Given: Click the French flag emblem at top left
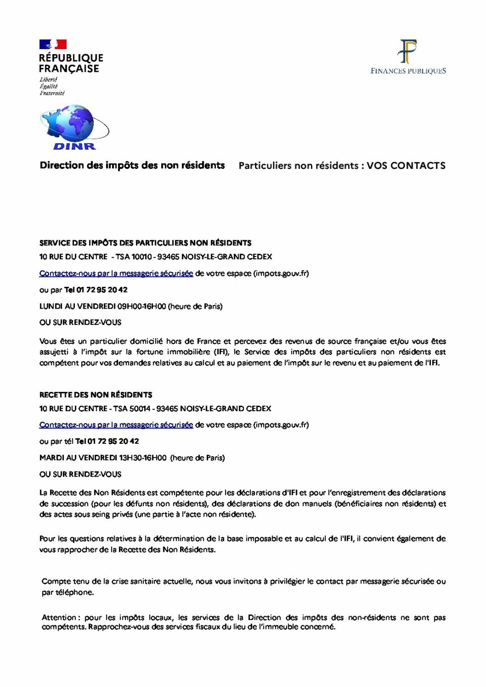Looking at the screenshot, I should (53, 45).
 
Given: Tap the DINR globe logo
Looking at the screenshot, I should (73, 127).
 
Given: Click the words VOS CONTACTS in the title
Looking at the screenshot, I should (406, 165).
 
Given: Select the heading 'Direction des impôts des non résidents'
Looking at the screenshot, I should (132, 165).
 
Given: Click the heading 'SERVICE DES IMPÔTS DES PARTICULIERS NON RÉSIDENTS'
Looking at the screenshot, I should (145, 243).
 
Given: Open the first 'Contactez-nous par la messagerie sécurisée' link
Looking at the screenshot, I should (116, 273).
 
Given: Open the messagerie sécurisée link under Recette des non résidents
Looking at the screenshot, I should (116, 425).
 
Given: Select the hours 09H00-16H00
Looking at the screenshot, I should (141, 307).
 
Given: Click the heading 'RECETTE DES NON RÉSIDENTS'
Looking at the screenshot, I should (96, 395).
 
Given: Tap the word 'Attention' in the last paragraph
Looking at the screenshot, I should (59, 618).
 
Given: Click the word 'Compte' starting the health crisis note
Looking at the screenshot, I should (56, 581).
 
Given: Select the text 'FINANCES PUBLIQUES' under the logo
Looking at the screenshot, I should (408, 71).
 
